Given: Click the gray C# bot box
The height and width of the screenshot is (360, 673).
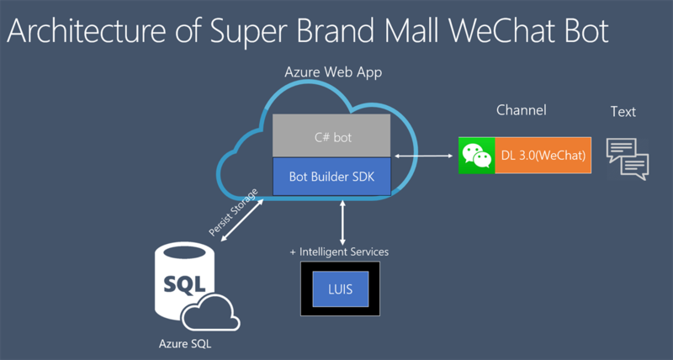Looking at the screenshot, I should tap(331, 136).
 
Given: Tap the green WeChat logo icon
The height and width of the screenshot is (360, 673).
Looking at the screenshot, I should tap(476, 155).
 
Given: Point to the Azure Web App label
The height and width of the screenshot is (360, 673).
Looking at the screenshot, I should tap(333, 73).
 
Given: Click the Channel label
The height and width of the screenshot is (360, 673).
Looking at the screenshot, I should tap(521, 110).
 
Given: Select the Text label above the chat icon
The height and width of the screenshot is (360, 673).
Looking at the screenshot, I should tap(623, 111).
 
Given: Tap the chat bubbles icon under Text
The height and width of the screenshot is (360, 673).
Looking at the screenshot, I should tap(628, 156).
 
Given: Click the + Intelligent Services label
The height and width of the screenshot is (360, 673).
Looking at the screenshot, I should tap(339, 251).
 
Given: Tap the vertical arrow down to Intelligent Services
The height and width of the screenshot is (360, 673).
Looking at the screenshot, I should tap(341, 222).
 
